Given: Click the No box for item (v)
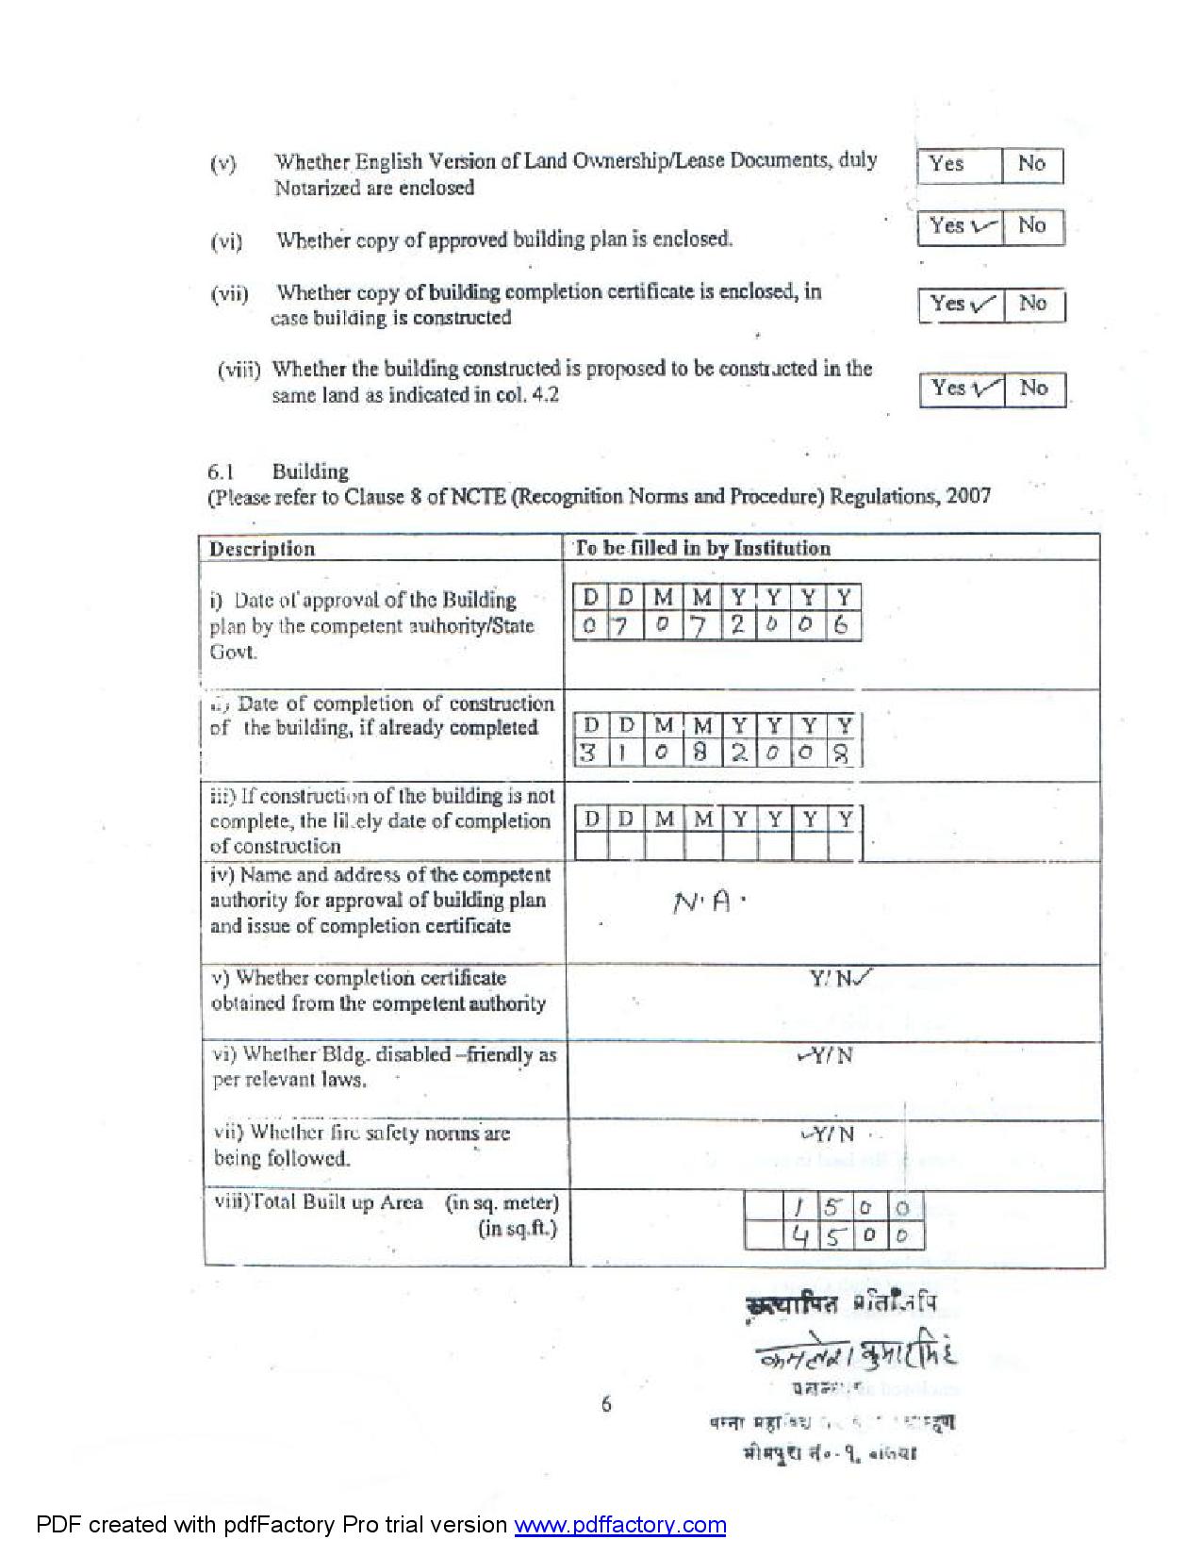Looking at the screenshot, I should [x=1031, y=165].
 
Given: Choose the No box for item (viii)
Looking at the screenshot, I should [x=1034, y=388].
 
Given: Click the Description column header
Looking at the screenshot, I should [x=262, y=549].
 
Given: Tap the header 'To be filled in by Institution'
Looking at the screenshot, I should [x=702, y=549].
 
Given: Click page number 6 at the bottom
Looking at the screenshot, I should [x=606, y=1404].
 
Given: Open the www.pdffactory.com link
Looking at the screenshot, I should [x=619, y=1525].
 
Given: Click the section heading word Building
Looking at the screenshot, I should [x=310, y=472].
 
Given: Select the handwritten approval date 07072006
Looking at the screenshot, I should [x=716, y=625].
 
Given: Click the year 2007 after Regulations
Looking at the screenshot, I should [x=969, y=496].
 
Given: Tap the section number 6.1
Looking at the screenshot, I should [x=221, y=472].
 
